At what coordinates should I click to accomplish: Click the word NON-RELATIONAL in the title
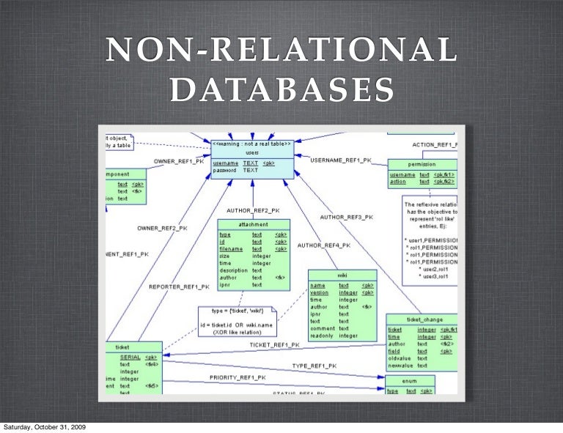[x=280, y=51]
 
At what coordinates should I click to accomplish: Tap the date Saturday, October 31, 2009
[x=43, y=426]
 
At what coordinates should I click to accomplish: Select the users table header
[x=251, y=152]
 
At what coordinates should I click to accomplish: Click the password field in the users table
[x=224, y=170]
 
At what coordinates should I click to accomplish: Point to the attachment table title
[x=253, y=224]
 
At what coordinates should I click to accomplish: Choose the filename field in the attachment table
[x=231, y=249]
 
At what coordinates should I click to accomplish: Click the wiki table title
[x=342, y=275]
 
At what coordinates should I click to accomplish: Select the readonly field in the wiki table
[x=323, y=336]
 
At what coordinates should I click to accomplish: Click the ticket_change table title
[x=422, y=319]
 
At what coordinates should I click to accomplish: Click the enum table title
[x=410, y=381]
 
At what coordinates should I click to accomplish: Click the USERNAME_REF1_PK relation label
[x=341, y=160]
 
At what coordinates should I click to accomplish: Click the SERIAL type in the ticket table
[x=130, y=356]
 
